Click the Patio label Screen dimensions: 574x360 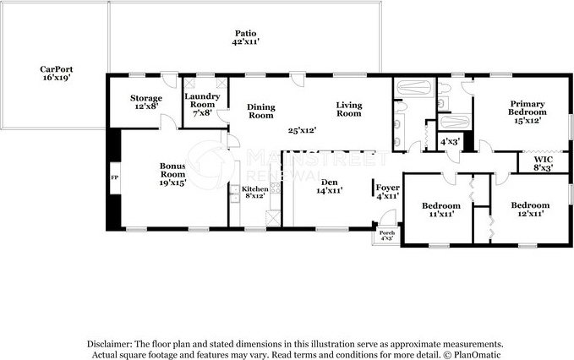(x=246, y=38)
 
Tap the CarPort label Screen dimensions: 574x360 (x=57, y=74)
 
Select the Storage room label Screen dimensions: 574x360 (x=146, y=102)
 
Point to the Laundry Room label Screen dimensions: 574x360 (x=202, y=105)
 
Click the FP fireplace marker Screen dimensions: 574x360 (x=115, y=177)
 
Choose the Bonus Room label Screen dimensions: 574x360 (x=172, y=174)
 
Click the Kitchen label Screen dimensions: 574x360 (x=255, y=193)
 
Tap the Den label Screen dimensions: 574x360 (x=330, y=186)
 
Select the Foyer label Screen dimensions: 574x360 (x=388, y=192)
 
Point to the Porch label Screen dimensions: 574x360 (x=387, y=235)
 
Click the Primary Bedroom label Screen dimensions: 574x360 (x=528, y=112)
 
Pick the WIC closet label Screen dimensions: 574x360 (x=543, y=164)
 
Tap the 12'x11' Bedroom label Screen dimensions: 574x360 (x=530, y=209)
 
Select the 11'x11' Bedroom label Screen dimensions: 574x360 (x=441, y=210)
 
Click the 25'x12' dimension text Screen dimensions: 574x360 (x=302, y=130)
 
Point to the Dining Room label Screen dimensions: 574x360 (x=261, y=112)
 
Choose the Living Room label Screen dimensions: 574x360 (x=349, y=109)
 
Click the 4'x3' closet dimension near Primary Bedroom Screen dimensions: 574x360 (x=450, y=142)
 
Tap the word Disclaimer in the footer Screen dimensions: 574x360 (x=109, y=344)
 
